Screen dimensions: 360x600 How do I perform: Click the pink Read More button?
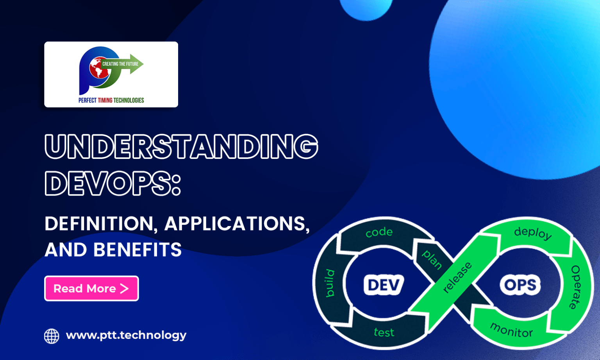(x=91, y=289)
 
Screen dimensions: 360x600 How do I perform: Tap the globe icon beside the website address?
(x=52, y=336)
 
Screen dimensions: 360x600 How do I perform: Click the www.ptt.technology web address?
(x=126, y=335)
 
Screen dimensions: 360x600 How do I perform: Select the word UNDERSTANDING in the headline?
(x=182, y=147)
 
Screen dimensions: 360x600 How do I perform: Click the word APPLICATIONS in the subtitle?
(x=237, y=224)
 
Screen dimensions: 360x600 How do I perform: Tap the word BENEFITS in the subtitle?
(x=137, y=250)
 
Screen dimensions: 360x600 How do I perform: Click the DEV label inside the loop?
(x=384, y=285)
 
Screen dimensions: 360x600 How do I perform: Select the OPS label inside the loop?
(x=520, y=285)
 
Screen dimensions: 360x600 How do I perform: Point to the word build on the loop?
(x=330, y=283)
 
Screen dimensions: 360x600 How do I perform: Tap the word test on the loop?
(x=384, y=332)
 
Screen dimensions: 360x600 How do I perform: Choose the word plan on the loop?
(x=432, y=260)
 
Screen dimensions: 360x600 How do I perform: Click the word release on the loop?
(x=457, y=278)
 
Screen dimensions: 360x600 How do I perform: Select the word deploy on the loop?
(x=533, y=233)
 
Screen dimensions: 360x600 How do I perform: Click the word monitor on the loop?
(x=511, y=330)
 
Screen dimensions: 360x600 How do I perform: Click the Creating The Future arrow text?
(x=120, y=64)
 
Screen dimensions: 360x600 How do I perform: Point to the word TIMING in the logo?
(x=105, y=100)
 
